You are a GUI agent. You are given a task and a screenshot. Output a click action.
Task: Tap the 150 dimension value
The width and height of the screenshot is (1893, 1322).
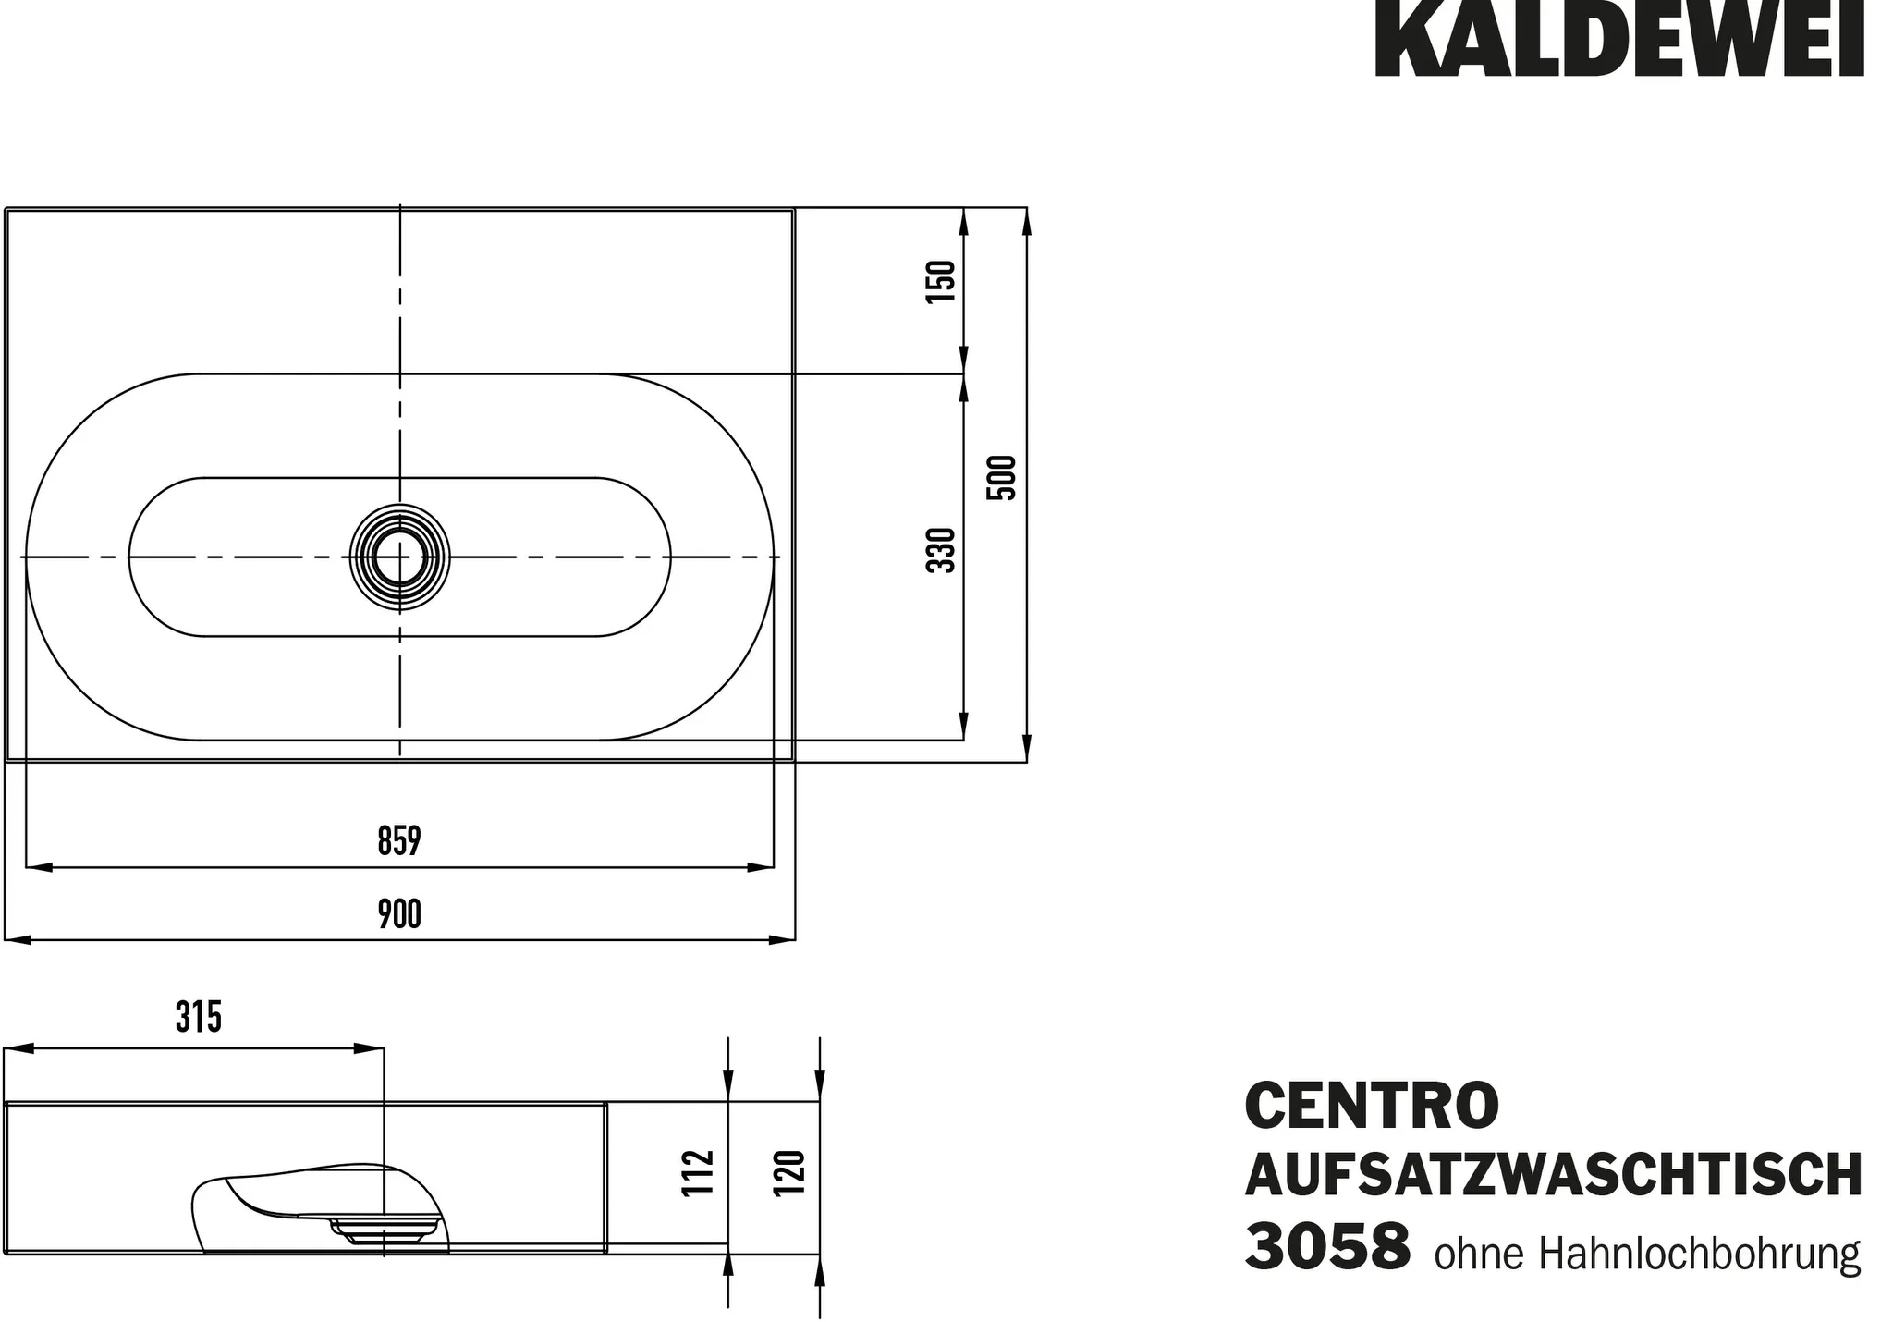940,282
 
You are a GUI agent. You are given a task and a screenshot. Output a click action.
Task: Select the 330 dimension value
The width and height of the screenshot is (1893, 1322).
940,550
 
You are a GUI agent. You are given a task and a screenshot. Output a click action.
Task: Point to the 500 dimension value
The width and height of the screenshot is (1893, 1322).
1002,478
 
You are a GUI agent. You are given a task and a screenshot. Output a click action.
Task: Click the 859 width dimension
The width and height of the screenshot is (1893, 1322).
399,841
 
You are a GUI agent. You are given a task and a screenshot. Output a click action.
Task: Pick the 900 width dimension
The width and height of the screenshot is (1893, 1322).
399,914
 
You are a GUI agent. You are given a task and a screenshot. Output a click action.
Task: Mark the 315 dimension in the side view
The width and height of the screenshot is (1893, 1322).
199,1018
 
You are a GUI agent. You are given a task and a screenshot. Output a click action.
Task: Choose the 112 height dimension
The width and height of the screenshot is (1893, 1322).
699,1172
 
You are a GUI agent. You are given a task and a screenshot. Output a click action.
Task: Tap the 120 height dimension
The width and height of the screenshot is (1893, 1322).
790,1172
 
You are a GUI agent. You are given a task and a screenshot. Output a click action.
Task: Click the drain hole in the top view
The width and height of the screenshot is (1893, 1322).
399,557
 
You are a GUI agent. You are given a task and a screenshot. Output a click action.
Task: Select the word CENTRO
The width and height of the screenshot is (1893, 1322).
1372,1107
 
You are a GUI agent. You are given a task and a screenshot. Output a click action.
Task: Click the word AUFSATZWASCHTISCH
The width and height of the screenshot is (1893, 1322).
1553,1175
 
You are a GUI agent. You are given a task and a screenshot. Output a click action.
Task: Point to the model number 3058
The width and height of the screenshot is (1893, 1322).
1327,1246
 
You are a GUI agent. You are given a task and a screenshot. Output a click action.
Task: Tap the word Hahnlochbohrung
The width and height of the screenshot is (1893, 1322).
1699,1255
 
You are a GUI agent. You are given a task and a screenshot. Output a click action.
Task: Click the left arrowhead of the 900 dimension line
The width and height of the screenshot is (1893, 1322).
17,940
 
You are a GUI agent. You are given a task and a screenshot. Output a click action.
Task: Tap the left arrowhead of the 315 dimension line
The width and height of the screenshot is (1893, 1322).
17,1048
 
